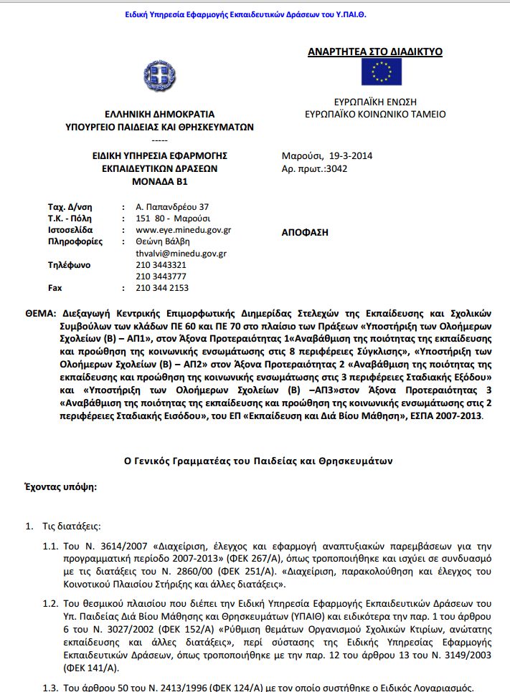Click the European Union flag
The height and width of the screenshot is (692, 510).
click(x=381, y=72)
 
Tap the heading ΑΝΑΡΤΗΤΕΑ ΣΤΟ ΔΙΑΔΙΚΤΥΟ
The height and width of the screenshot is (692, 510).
click(x=374, y=52)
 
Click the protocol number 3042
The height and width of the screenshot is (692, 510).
click(x=336, y=168)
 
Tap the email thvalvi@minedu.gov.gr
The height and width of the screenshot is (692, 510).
click(x=181, y=254)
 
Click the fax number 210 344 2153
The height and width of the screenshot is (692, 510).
click(x=162, y=288)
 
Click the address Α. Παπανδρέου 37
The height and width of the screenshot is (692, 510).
click(x=171, y=207)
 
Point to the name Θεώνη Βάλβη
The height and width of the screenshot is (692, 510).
click(x=163, y=242)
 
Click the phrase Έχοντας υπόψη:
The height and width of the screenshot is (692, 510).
click(x=61, y=486)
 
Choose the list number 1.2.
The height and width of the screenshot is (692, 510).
click(x=49, y=602)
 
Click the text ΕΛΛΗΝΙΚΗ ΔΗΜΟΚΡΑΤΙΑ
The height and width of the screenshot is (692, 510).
click(x=159, y=114)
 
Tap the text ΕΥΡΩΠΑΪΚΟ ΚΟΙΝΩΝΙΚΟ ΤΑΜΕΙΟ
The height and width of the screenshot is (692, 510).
click(x=375, y=114)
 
